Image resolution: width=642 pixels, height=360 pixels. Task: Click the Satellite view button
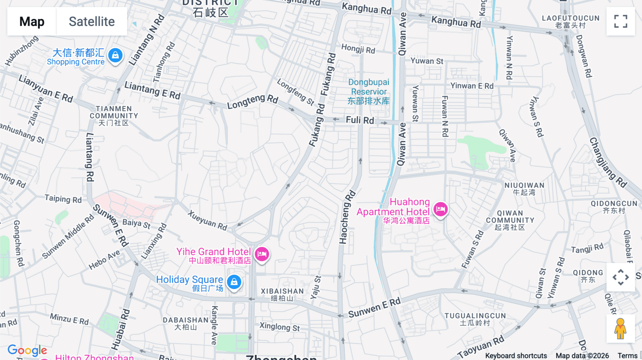tap(92, 21)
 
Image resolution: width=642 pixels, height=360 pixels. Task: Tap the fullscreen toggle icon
tap(620, 21)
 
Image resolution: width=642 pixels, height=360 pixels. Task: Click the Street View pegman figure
tap(620, 328)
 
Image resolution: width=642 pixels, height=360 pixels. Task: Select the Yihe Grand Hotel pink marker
tap(262, 254)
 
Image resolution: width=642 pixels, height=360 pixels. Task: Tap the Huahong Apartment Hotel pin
tap(440, 209)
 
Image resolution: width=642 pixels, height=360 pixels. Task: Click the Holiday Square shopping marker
tap(234, 282)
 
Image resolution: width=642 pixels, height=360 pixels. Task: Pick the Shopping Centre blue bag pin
tap(115, 56)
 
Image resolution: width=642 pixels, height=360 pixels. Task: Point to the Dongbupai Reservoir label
tap(369, 92)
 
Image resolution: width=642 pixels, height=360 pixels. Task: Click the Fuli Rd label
tap(360, 120)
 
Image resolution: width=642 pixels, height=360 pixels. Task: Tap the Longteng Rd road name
tap(253, 101)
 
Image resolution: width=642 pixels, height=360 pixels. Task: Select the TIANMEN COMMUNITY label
tap(114, 115)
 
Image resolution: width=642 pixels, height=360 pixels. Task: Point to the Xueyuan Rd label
tap(208, 220)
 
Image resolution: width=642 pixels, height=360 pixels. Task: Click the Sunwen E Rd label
tap(374, 308)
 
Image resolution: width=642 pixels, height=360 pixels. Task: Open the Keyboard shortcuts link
tap(516, 355)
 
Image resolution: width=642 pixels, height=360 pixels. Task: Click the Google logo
tap(27, 350)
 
